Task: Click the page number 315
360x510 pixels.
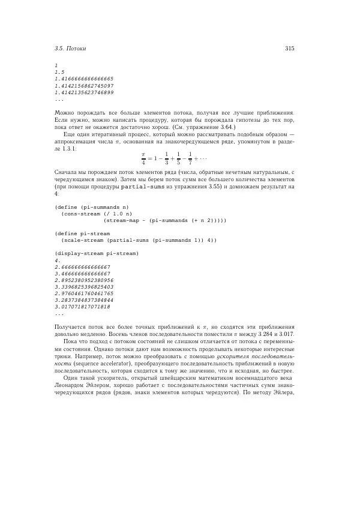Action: tap(289, 48)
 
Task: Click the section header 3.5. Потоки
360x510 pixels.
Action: tap(70, 48)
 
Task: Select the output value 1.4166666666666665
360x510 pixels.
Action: tap(84, 79)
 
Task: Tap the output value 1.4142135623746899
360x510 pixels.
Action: tap(84, 93)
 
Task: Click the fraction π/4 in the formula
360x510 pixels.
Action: tap(143, 158)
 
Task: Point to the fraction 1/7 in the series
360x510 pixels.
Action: tap(190, 158)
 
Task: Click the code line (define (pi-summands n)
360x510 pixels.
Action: tap(92, 206)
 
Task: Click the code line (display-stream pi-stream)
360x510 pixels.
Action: tap(96, 254)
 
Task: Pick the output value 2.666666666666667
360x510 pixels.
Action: tap(82, 267)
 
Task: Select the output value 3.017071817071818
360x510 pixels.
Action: tap(82, 307)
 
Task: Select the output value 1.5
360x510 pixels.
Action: tap(59, 71)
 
